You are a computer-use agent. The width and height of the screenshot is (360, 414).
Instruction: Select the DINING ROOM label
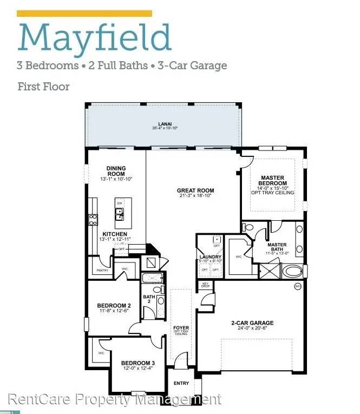tap(116, 171)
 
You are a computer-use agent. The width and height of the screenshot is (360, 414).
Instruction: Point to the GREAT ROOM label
tap(195, 190)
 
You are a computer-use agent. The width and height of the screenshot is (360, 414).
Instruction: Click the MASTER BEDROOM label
tap(273, 181)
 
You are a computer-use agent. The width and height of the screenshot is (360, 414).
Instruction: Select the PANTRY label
tap(102, 270)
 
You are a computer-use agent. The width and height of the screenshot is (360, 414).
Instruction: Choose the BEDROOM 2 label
tap(114, 305)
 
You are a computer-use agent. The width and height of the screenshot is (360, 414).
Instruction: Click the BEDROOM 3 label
tap(138, 363)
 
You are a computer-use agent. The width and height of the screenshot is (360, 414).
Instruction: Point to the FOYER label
tap(181, 328)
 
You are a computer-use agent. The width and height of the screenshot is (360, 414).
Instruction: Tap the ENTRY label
tap(181, 383)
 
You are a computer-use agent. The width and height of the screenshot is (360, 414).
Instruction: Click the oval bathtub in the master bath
tap(294, 270)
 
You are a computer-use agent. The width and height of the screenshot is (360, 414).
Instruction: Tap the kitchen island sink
tap(119, 211)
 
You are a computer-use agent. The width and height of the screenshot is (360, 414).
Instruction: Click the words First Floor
tap(43, 86)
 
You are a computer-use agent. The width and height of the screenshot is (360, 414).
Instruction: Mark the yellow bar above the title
tap(84, 13)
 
